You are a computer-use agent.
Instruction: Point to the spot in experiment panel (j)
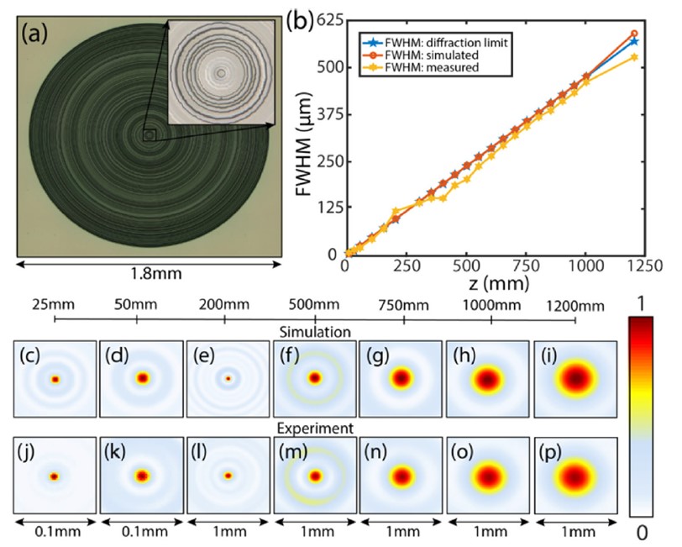point(55,476)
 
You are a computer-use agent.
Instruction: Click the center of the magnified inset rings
point(221,73)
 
